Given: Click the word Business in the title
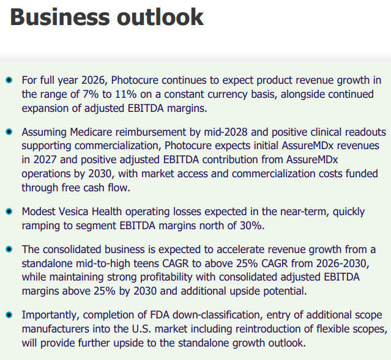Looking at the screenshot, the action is tap(60, 17).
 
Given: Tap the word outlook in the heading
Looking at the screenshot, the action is tap(160, 17).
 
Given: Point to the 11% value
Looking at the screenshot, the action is tap(126, 94).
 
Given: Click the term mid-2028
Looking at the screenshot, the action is tap(226, 132).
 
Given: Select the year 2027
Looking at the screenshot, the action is tap(45, 160).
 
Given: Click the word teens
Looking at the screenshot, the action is tap(146, 263).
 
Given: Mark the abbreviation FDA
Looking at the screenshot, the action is tap(160, 315).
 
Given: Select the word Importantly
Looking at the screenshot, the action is tap(51, 315).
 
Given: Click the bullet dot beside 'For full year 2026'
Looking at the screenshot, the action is tap(9, 80).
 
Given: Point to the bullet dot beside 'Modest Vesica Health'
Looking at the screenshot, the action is tap(9, 211).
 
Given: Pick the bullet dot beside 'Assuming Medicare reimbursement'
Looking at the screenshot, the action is tap(9, 132).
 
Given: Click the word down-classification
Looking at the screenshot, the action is tap(218, 315).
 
